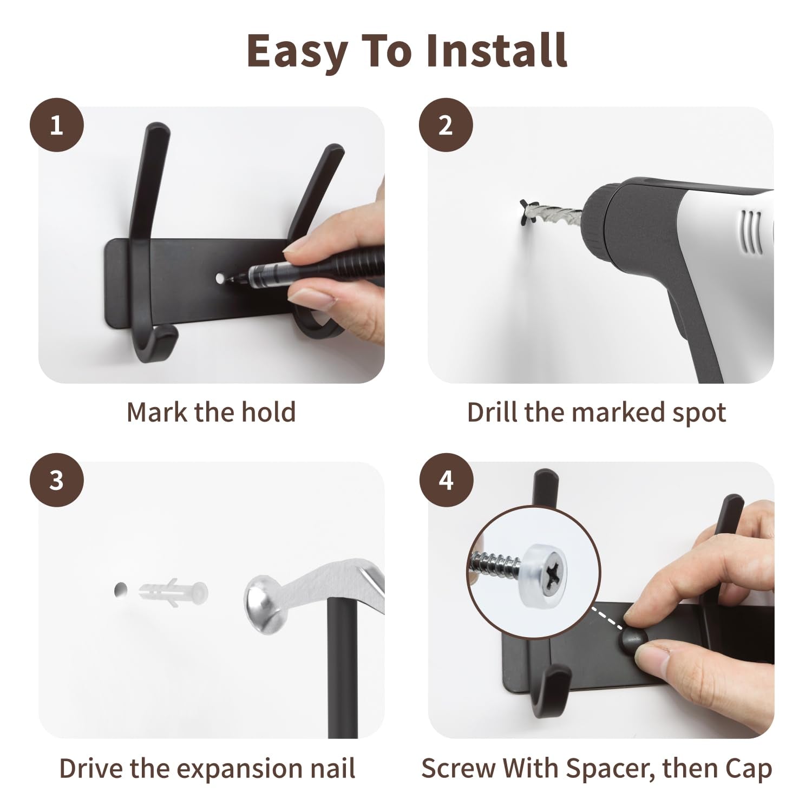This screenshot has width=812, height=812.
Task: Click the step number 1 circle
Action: [56, 125]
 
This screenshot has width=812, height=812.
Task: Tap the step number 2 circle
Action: [446, 125]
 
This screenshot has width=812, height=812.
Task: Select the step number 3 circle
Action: [56, 480]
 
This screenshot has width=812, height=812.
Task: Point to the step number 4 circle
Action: [446, 480]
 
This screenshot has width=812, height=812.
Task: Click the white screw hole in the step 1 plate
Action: [220, 278]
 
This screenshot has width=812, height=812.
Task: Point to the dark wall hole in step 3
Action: [120, 590]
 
